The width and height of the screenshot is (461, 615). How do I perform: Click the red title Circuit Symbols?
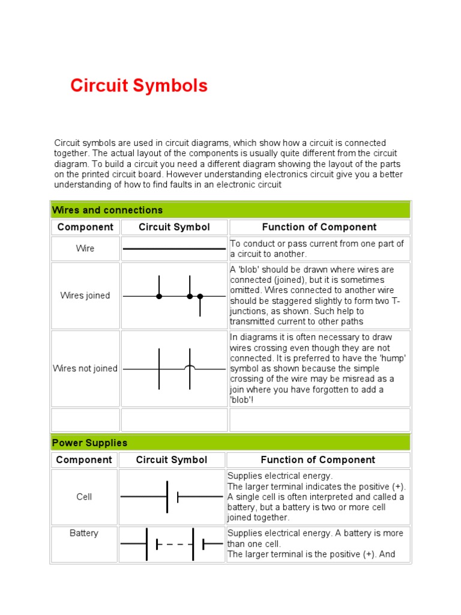pos(139,86)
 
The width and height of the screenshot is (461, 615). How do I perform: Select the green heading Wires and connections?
pos(107,210)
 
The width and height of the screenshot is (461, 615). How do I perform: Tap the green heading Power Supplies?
pos(89,443)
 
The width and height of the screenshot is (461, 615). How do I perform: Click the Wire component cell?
pos(85,249)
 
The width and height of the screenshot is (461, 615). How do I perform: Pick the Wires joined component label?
pos(85,295)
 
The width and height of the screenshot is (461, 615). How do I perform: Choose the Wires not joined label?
pos(85,369)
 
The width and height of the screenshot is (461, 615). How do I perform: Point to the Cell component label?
pos(84,497)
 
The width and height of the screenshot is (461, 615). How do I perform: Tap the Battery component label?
pos(84,533)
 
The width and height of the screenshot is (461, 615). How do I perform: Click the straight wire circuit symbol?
pos(174,249)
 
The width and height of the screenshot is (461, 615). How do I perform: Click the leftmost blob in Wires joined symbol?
pos(159,296)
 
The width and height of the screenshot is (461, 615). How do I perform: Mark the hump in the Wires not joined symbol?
pos(190,366)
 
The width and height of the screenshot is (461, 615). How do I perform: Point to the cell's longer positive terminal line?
pos(167,497)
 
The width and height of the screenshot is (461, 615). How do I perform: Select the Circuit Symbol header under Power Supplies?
pos(172,460)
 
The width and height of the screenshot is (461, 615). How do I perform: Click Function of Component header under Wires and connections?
pos(319,227)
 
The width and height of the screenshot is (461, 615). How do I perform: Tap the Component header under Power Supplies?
pos(84,460)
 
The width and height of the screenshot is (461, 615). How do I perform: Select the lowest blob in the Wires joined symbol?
pos(200,297)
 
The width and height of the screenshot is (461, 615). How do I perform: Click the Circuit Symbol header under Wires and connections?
pos(174,227)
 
